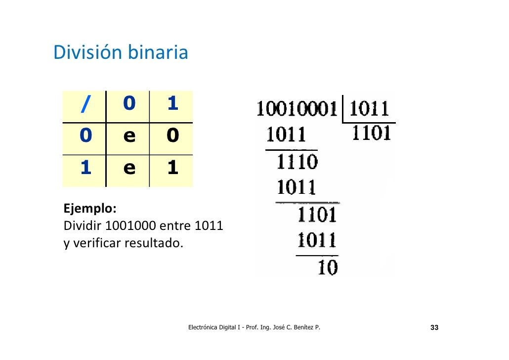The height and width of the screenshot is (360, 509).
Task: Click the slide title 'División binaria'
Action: [121, 52]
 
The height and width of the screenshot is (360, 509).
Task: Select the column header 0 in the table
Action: [128, 104]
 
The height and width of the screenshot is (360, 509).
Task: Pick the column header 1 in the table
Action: [172, 104]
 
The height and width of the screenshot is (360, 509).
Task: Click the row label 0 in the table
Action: [85, 136]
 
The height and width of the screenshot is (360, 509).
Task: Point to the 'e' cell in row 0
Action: [128, 136]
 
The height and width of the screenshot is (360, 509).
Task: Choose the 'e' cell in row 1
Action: [128, 169]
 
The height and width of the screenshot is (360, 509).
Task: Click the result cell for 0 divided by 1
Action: [172, 136]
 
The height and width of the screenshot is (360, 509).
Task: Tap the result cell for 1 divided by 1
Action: [172, 169]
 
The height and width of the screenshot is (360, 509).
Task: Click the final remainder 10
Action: [327, 268]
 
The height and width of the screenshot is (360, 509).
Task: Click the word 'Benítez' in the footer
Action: [304, 328]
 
